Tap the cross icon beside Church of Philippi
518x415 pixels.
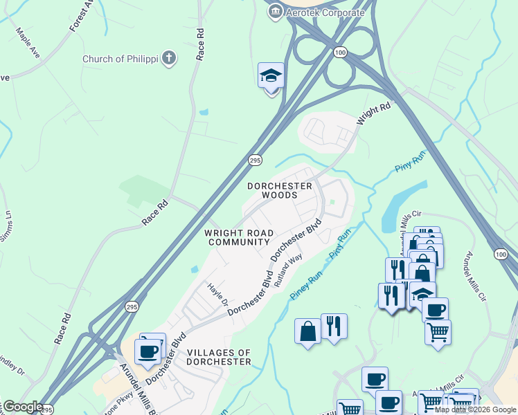168,59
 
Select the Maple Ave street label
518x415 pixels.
28,43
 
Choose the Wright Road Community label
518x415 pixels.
238,237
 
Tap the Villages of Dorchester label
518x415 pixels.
218,357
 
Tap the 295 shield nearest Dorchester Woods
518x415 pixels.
254,160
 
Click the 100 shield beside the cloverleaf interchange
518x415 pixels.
339,53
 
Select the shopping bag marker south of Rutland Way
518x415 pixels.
308,331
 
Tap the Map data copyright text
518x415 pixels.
476,409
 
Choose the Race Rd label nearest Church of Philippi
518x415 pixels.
200,44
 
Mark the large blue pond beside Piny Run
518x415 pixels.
396,205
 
